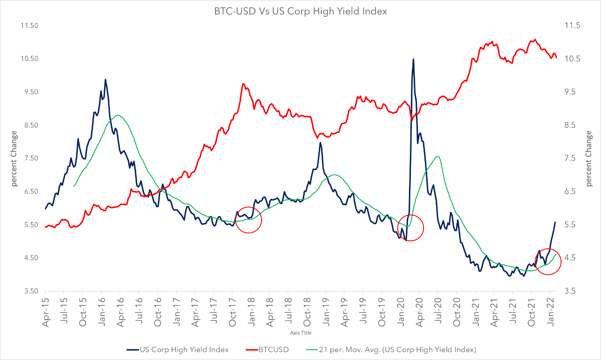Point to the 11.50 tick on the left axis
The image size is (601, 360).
tap(30, 25)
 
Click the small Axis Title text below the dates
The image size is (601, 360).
tap(300, 333)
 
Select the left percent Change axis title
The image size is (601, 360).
tap(14, 158)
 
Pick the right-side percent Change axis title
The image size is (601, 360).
tap(589, 158)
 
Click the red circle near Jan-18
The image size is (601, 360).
tap(248, 220)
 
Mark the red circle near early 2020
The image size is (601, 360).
tap(410, 228)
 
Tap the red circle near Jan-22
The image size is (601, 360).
tap(548, 262)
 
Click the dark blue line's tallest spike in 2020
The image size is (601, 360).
tap(413, 59)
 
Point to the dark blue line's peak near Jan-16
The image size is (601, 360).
tap(105, 79)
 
